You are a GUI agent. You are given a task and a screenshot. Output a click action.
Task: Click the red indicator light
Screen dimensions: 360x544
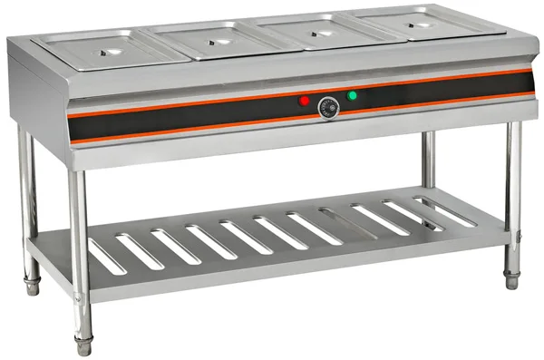tap(304, 101)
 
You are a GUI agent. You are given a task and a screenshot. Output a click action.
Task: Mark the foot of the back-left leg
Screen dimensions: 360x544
tap(33, 285)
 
